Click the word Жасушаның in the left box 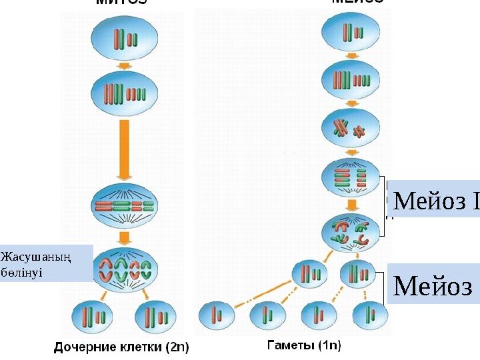(x=26, y=256)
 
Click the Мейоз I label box (x=433, y=199)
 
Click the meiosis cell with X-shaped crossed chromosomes (x=351, y=129)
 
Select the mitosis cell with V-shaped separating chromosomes (x=124, y=267)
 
